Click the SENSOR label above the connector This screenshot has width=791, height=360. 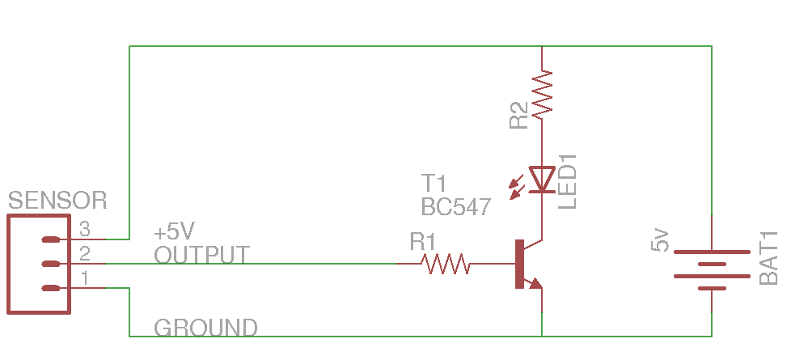(x=57, y=200)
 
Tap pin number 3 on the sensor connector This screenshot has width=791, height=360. (x=84, y=230)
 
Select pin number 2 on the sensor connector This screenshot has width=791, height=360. (x=84, y=255)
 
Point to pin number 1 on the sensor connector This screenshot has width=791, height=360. (x=84, y=279)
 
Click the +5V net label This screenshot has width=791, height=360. (x=175, y=231)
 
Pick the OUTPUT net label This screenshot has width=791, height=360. (x=201, y=255)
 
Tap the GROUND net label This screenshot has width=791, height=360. (x=205, y=328)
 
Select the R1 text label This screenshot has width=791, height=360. (x=423, y=242)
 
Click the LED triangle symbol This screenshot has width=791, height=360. (x=541, y=179)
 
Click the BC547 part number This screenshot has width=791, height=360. (x=455, y=207)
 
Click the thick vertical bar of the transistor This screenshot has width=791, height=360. (x=518, y=264)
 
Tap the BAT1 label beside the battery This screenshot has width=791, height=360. (x=768, y=257)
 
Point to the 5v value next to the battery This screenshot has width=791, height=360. (x=661, y=240)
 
